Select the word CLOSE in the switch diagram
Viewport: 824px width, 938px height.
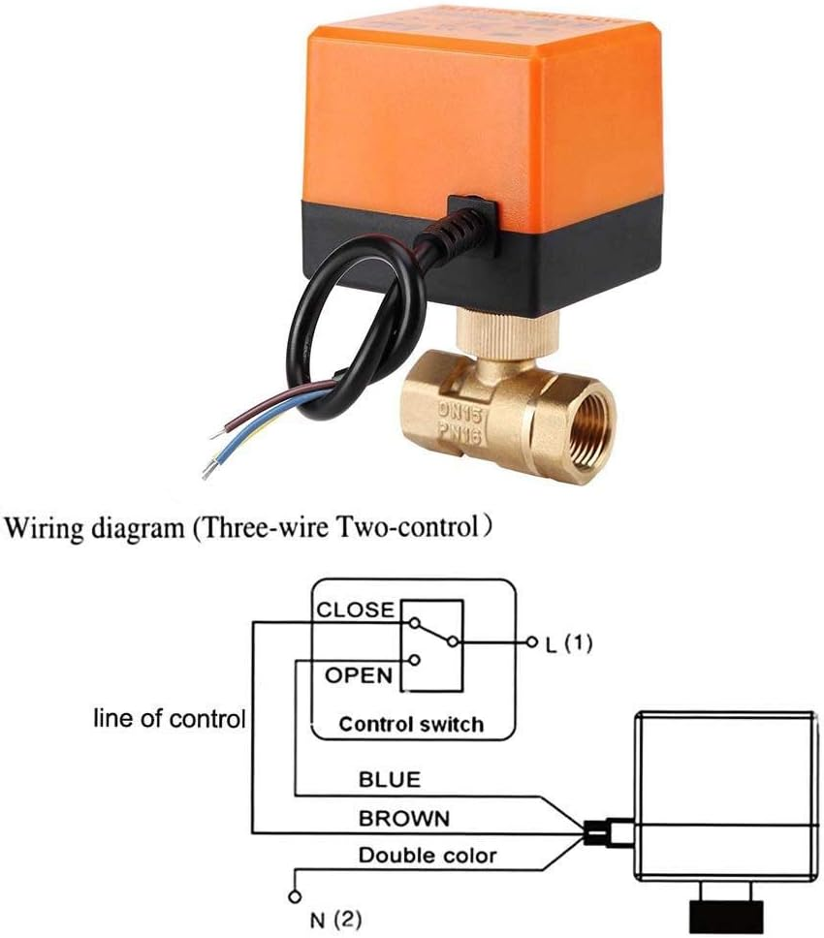click(x=356, y=610)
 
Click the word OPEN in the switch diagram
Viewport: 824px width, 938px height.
click(x=358, y=674)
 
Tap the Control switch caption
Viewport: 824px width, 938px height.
click(x=411, y=724)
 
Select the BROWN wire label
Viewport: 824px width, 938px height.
click(x=404, y=818)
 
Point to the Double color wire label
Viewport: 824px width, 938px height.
click(x=427, y=855)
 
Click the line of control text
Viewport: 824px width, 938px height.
click(x=169, y=719)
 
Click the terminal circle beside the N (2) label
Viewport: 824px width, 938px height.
click(x=291, y=899)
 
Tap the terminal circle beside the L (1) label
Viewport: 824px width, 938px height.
click(x=531, y=642)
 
